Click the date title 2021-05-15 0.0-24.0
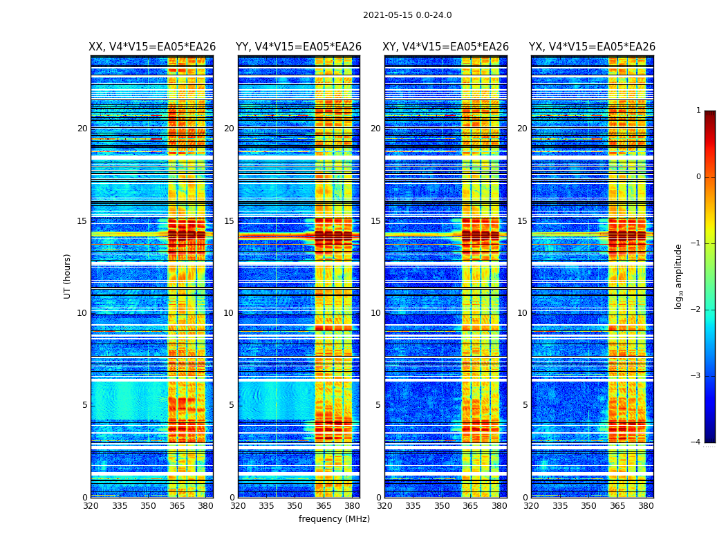click(x=407, y=15)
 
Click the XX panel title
click(x=152, y=47)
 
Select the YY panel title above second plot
click(x=299, y=47)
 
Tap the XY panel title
click(x=445, y=47)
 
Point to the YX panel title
click(x=592, y=47)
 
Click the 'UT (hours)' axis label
click(x=68, y=276)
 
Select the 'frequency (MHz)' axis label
click(x=334, y=519)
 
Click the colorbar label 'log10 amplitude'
click(x=679, y=276)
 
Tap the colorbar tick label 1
click(x=698, y=111)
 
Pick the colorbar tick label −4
click(x=696, y=442)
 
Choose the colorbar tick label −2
click(x=696, y=310)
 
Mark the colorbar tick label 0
click(x=698, y=177)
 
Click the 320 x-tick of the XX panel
click(x=91, y=506)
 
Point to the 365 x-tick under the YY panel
click(x=324, y=506)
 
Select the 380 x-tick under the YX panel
click(x=646, y=506)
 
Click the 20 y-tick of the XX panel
click(x=82, y=129)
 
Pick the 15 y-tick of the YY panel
click(x=229, y=221)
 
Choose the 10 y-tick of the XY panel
click(x=375, y=313)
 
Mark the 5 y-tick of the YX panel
click(x=525, y=405)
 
